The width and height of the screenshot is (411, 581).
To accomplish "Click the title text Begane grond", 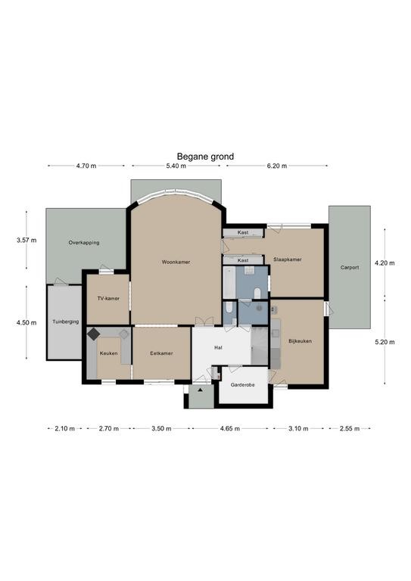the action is [205, 157].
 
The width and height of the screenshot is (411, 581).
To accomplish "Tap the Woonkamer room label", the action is [176, 262].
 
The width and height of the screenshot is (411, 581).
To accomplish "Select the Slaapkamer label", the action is [287, 259].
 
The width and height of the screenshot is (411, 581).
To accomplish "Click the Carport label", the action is [350, 267].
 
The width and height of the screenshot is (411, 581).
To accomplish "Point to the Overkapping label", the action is [84, 243].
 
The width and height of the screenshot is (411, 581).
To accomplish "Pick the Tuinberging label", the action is [66, 322].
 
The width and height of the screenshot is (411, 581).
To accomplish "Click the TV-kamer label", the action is [108, 298].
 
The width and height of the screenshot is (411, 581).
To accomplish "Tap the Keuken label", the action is [108, 353].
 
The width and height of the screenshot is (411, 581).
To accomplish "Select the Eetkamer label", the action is [161, 353].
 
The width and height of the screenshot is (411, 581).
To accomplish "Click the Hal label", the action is [218, 347].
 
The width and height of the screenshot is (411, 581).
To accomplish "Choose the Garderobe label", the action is [242, 385].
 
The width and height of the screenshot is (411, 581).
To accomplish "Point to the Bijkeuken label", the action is [300, 341].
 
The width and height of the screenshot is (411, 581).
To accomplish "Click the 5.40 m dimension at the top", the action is [176, 166].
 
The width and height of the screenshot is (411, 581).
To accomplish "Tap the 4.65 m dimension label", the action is [230, 429].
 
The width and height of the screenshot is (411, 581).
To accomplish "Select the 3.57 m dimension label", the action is [26, 240].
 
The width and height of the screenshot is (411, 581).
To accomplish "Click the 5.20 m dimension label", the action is [385, 342].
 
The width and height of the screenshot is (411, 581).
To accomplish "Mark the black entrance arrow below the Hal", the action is [200, 390].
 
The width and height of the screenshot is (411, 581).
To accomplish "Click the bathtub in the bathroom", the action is [229, 282].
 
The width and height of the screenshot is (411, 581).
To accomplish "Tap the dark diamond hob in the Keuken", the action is [93, 334].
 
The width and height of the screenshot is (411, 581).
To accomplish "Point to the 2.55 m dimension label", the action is [350, 429].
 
